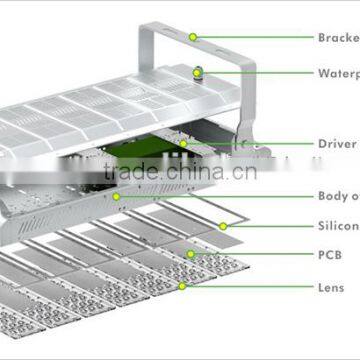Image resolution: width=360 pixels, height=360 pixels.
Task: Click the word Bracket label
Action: click(339, 38)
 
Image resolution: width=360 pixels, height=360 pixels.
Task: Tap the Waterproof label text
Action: click(339, 73)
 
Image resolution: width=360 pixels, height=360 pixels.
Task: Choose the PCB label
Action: click(331, 256)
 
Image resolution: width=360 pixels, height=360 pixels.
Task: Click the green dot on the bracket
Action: click(193, 38)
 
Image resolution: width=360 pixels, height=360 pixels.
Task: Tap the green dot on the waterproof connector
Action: click(198, 73)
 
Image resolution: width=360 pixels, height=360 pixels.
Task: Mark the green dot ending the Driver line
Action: click(183, 144)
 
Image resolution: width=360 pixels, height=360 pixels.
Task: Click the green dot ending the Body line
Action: click(117, 197)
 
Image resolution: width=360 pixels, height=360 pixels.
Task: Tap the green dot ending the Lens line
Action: click(182, 286)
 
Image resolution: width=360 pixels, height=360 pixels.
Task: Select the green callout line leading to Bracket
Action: click(255, 38)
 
